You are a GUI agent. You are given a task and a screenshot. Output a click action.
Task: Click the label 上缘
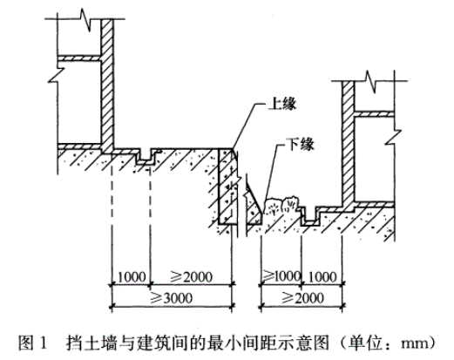point(282,104)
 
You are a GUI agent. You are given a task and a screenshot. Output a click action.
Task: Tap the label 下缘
point(300,144)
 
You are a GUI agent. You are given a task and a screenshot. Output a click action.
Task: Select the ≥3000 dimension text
point(172,298)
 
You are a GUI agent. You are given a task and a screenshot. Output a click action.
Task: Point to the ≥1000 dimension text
point(281,275)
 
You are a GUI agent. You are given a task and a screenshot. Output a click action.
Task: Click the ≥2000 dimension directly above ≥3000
point(191,276)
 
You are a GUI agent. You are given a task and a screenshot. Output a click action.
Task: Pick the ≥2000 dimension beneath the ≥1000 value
point(302,298)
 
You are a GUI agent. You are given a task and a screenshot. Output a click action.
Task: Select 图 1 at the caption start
point(32,343)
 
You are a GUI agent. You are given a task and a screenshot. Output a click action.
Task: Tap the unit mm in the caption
point(414,344)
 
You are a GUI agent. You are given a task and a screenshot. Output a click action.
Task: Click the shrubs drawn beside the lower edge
point(281,206)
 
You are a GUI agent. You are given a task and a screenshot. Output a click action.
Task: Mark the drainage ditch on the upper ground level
point(146,157)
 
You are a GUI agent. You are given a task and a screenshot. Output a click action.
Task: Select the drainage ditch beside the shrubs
point(311,216)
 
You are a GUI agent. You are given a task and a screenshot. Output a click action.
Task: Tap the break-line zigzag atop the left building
point(85,20)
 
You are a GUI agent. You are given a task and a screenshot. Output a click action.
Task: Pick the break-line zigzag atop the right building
point(369,81)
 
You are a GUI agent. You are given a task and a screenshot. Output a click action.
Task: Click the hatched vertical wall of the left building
point(107,85)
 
